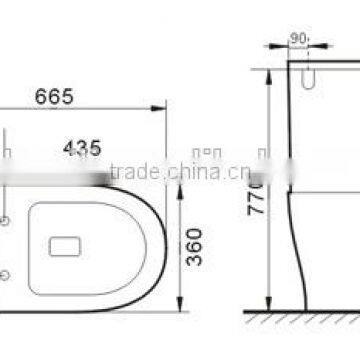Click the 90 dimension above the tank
296,41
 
